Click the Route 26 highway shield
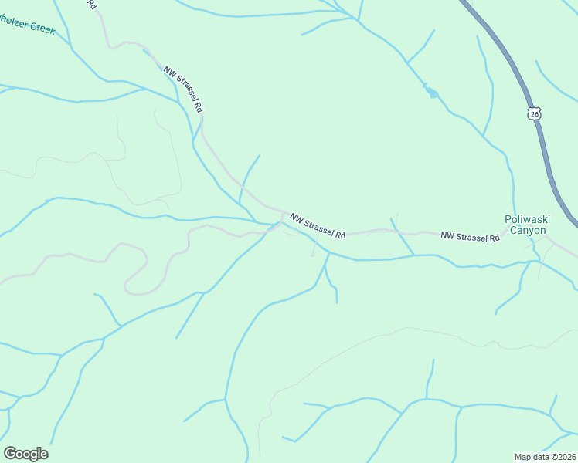coord(534,113)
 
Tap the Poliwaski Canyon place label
coord(525,225)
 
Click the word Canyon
coord(526,230)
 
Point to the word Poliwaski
coord(525,219)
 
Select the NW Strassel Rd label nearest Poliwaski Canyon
coord(470,236)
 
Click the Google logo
coord(25,454)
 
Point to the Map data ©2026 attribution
coord(545,456)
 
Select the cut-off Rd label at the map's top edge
coord(91,4)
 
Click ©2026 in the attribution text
coord(562,456)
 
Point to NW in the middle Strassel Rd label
coord(296,219)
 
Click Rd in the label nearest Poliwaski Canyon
coord(494,238)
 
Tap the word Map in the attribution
coord(523,456)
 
